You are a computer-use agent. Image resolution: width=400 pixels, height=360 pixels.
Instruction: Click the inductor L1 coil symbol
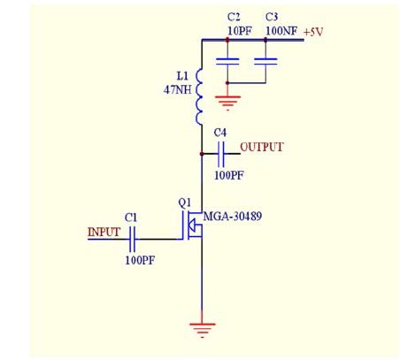pyautogui.click(x=199, y=96)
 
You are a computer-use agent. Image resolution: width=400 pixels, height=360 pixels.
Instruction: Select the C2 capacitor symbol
pyautogui.click(x=227, y=61)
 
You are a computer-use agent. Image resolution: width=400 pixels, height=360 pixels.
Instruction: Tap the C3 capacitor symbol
pyautogui.click(x=265, y=61)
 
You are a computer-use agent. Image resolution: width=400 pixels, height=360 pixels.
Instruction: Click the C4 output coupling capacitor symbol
pyautogui.click(x=221, y=154)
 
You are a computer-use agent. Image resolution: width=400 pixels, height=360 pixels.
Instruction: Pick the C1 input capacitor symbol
pyautogui.click(x=132, y=239)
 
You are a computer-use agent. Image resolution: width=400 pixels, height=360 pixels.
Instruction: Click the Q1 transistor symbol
pyautogui.click(x=192, y=226)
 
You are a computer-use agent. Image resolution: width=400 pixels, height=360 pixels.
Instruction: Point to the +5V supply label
pyautogui.click(x=313, y=32)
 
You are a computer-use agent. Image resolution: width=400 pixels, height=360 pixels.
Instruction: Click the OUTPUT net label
pyautogui.click(x=262, y=147)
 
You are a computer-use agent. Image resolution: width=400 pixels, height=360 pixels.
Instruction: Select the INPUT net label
pyautogui.click(x=104, y=232)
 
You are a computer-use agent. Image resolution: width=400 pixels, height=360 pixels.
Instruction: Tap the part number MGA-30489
pyautogui.click(x=233, y=217)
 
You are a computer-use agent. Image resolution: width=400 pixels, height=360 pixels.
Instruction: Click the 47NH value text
pyautogui.click(x=178, y=89)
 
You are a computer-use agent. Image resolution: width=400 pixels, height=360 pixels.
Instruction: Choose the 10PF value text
pyautogui.click(x=240, y=31)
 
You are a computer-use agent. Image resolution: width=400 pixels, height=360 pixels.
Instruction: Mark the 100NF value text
pyautogui.click(x=281, y=31)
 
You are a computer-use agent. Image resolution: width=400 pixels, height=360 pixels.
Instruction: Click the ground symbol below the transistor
pyautogui.click(x=202, y=330)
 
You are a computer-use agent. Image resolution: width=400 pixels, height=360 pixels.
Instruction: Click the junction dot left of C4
pyautogui.click(x=202, y=154)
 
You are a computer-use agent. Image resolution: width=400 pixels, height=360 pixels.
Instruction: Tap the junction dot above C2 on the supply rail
pyautogui.click(x=227, y=40)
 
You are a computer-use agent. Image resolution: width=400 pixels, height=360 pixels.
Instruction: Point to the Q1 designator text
pyautogui.click(x=185, y=203)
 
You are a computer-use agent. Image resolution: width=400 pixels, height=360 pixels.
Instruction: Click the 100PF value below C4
pyautogui.click(x=229, y=175)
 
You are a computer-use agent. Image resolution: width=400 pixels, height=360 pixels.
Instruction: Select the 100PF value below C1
pyautogui.click(x=140, y=260)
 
